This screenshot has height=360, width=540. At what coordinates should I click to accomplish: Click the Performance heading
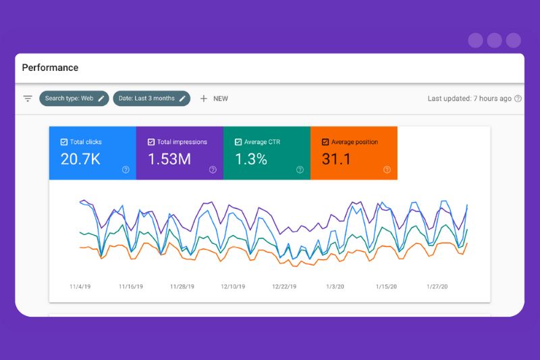50,68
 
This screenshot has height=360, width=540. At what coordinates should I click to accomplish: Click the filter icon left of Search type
28,99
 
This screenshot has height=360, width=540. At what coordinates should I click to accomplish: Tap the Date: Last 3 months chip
151,99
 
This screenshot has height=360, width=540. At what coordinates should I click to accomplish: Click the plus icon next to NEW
204,99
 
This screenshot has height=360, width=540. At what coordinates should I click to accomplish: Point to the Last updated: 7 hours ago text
469,99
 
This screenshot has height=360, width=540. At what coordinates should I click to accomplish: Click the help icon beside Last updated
518,99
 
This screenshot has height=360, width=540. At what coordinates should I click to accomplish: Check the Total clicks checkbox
63,143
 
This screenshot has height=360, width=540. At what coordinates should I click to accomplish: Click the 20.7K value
81,160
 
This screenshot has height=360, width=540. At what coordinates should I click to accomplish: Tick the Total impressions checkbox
151,143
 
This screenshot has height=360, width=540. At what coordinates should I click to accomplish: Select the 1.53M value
169,160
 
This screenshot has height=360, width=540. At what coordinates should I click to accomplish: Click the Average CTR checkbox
238,143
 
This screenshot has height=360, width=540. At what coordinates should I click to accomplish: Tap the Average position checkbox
325,143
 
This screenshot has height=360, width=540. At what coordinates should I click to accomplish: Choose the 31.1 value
335,160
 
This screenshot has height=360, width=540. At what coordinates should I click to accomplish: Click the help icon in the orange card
387,170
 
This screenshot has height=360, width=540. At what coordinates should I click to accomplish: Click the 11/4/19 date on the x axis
80,286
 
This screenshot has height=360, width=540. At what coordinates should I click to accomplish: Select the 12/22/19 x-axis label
284,286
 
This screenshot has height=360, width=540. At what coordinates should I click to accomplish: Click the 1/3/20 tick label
335,286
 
